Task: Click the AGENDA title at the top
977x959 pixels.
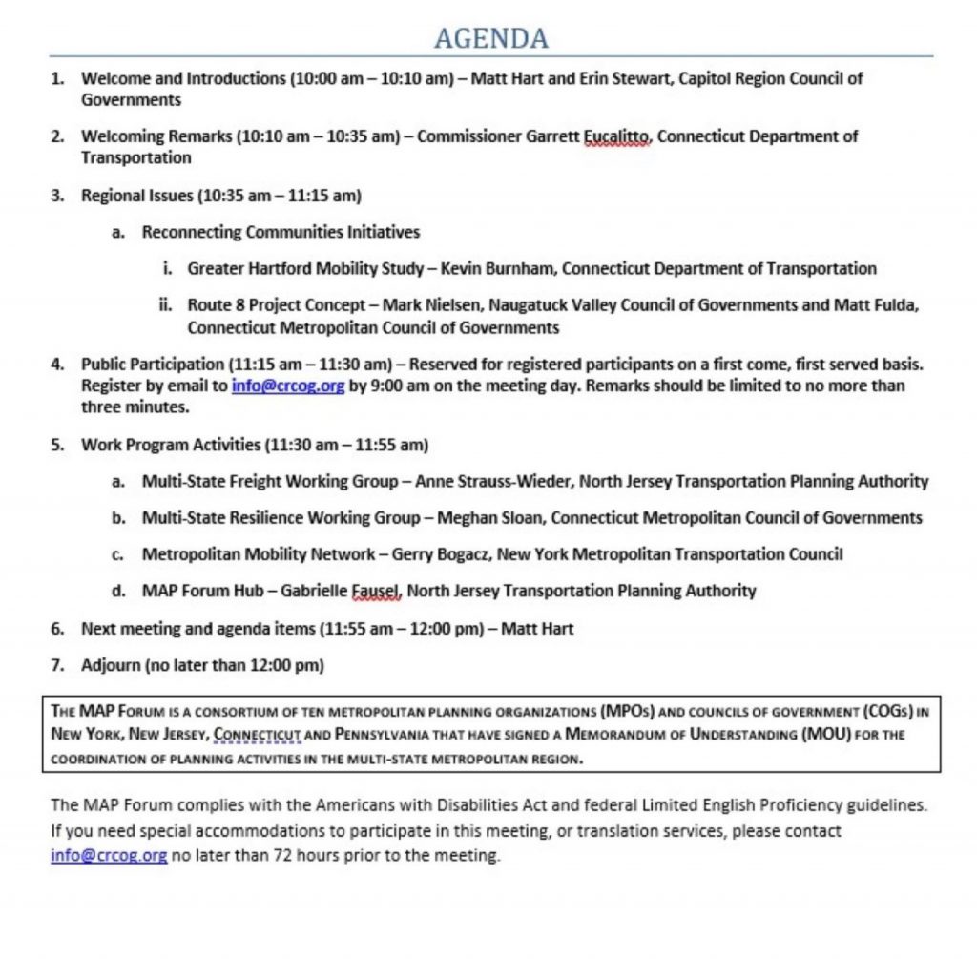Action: (x=490, y=38)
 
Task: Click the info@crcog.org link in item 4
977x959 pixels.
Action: (x=287, y=386)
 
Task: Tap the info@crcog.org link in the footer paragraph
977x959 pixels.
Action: (x=109, y=856)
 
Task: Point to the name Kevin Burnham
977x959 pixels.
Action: (x=494, y=269)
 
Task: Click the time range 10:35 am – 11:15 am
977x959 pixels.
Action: (x=280, y=197)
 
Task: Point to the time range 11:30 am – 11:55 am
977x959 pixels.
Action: (x=344, y=445)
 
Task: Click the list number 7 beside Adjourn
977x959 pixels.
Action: (x=57, y=665)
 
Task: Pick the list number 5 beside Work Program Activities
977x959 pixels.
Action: (x=57, y=445)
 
